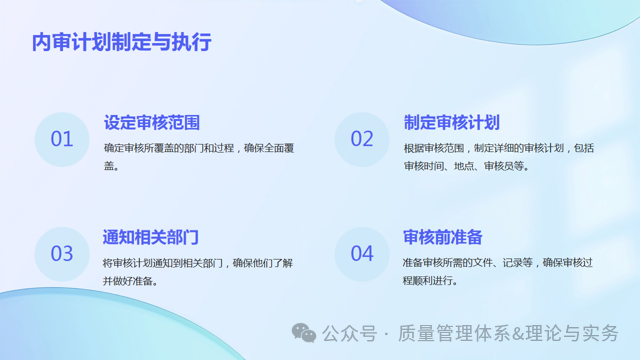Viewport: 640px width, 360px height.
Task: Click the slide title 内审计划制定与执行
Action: (x=121, y=43)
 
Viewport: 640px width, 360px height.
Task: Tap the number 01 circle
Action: (x=62, y=139)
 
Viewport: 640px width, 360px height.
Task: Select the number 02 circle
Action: (x=362, y=139)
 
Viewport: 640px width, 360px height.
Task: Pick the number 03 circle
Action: (x=62, y=253)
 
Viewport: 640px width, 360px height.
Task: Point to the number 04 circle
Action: (x=362, y=253)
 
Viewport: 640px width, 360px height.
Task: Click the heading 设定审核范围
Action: (x=151, y=123)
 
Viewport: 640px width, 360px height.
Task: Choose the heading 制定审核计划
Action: (x=451, y=123)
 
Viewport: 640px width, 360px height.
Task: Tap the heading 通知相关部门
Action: (x=151, y=237)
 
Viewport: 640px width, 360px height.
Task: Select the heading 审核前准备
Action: (x=443, y=237)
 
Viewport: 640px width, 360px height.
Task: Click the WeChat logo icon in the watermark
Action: (x=304, y=333)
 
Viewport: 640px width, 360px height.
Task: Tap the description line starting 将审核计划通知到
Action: (x=197, y=263)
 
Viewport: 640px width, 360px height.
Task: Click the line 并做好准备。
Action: (x=133, y=281)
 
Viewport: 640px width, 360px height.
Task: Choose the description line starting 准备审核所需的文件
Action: (x=498, y=263)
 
